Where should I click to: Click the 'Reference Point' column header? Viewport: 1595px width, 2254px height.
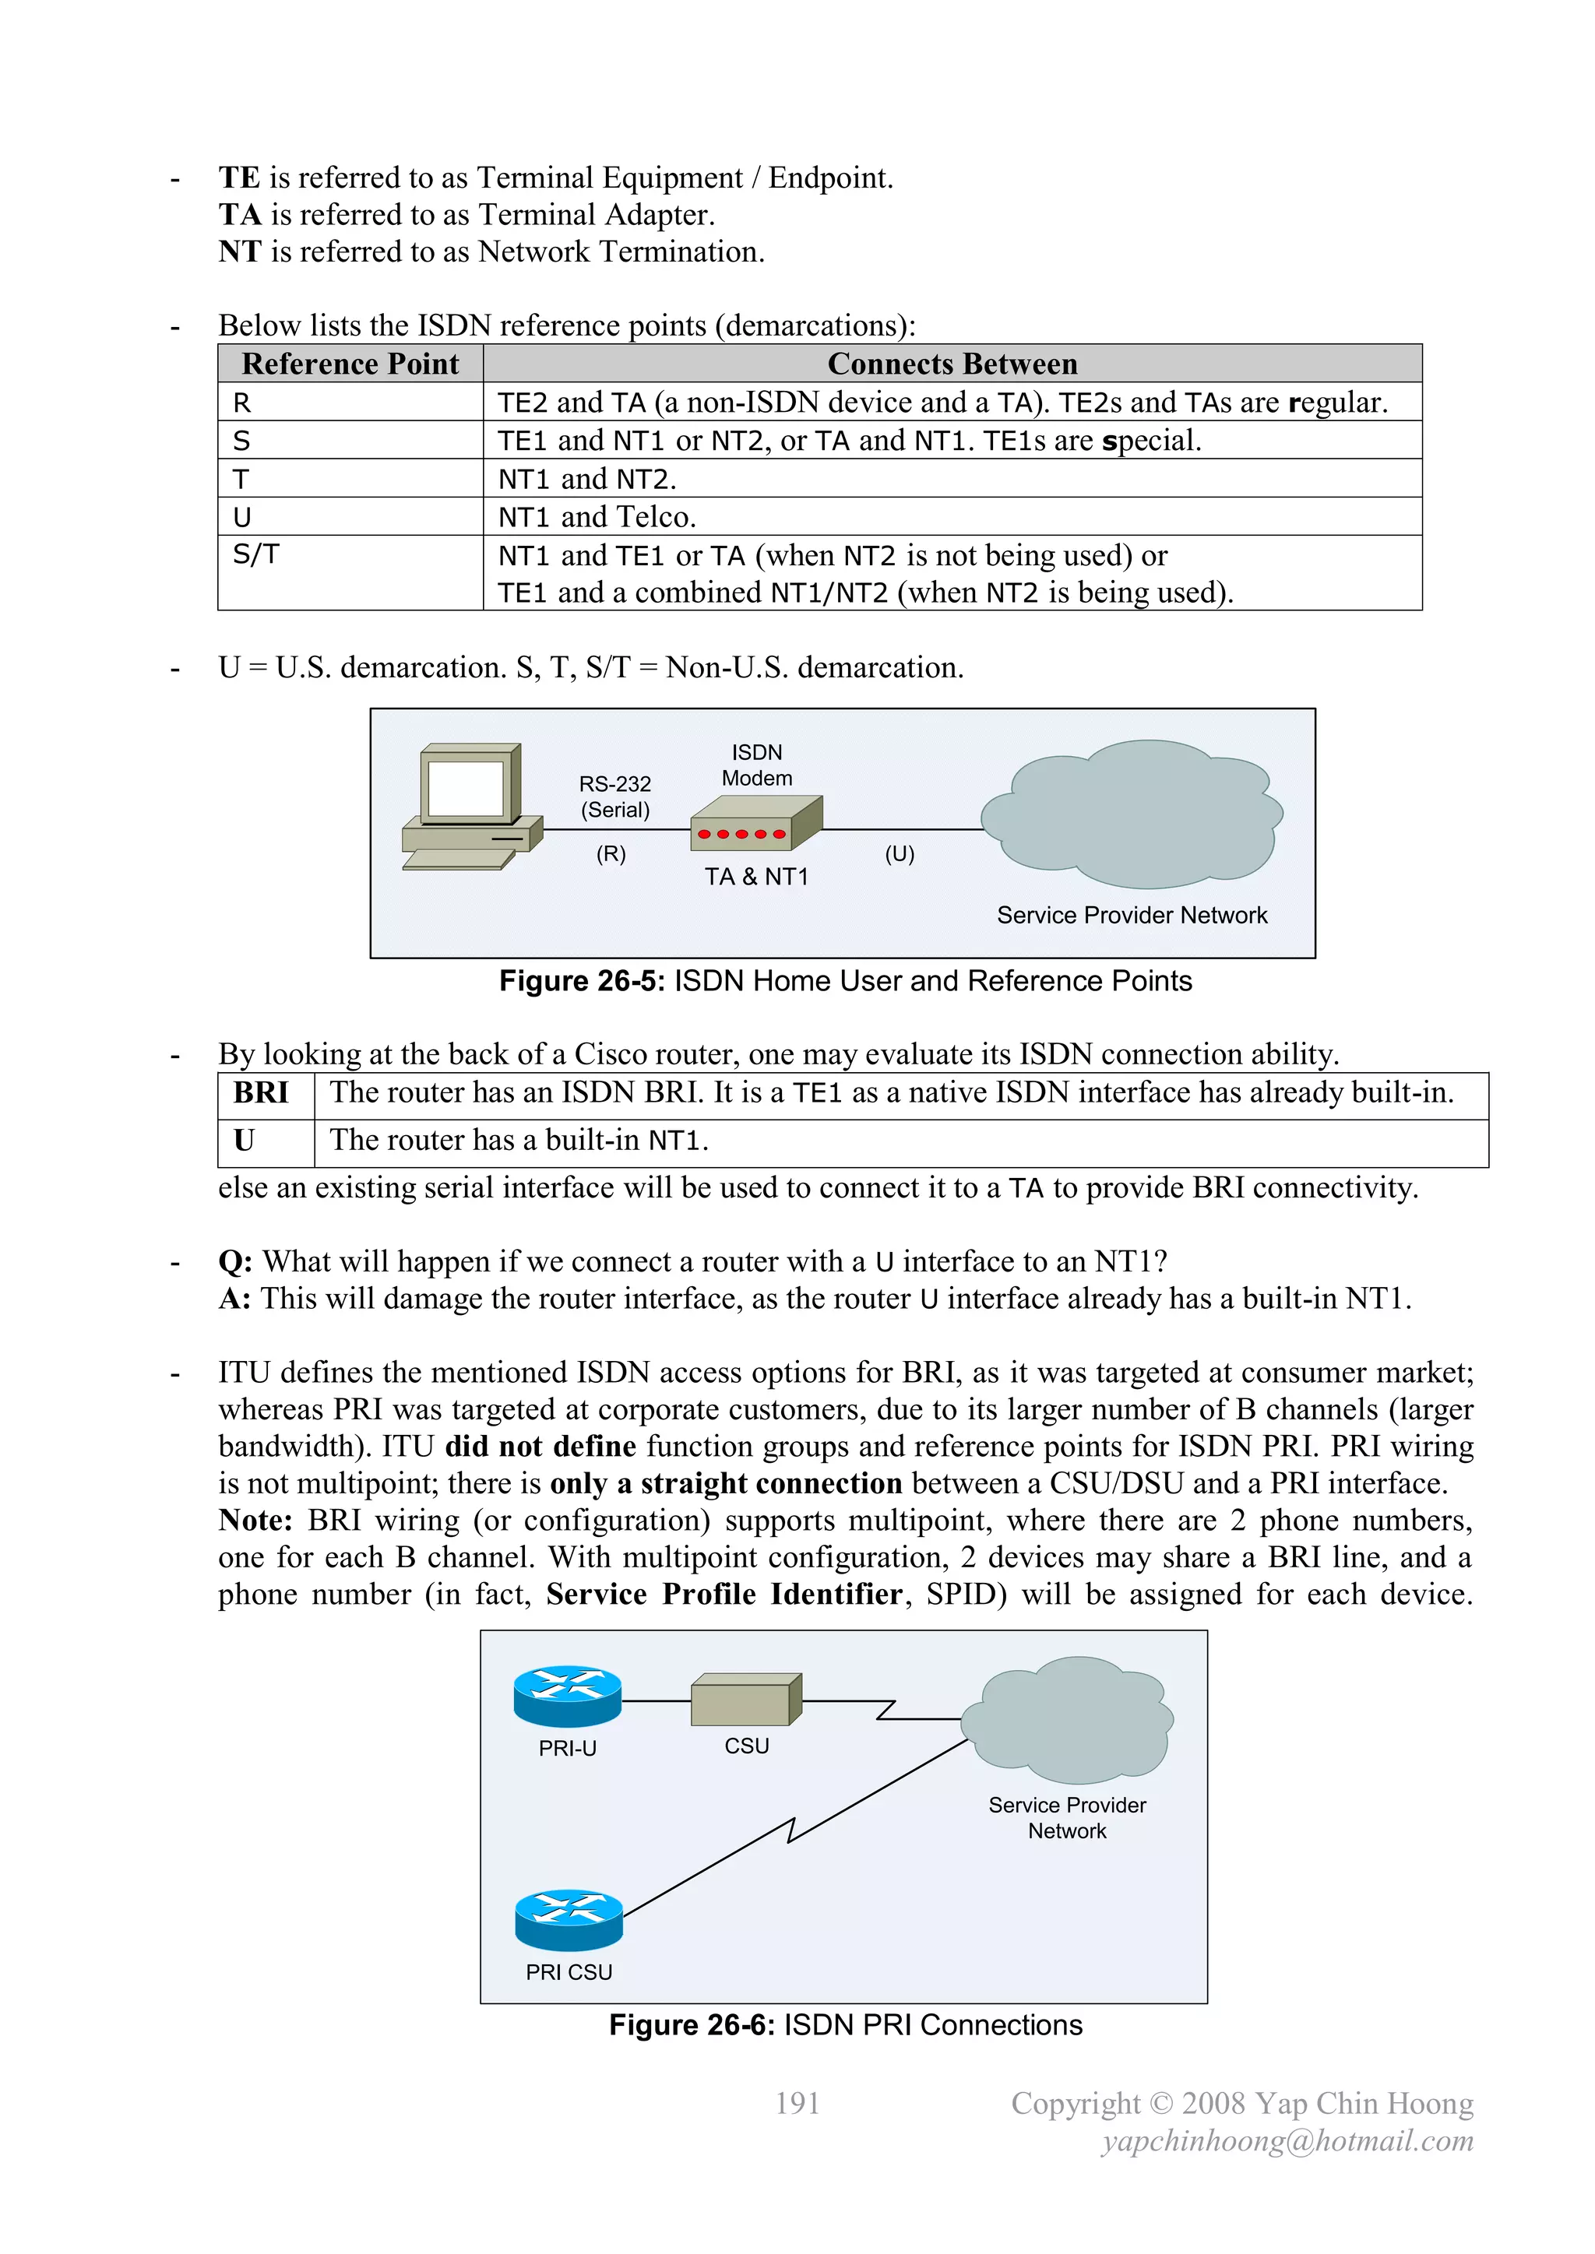point(350,364)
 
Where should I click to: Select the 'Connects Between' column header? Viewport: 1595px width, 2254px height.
point(952,364)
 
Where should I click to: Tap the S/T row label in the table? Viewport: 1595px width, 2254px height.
point(255,554)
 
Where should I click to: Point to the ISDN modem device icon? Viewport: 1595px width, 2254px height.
point(755,824)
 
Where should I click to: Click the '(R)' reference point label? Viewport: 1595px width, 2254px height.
point(610,854)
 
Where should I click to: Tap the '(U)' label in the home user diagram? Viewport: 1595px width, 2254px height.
point(899,854)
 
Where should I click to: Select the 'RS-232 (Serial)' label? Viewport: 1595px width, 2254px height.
point(614,797)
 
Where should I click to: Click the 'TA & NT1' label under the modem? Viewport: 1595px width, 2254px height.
point(755,877)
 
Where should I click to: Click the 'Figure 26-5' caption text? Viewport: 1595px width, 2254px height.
point(845,981)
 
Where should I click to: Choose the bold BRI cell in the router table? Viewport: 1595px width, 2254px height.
point(261,1092)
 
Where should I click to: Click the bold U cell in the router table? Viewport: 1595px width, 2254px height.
point(245,1141)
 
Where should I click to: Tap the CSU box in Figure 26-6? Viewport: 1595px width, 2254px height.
point(745,1700)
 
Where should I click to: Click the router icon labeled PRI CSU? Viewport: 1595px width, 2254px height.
point(569,1919)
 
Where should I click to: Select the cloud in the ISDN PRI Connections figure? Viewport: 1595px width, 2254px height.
point(1069,1720)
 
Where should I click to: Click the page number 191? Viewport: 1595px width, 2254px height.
point(797,2103)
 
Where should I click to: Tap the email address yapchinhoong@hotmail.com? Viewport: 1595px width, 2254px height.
point(1287,2141)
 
